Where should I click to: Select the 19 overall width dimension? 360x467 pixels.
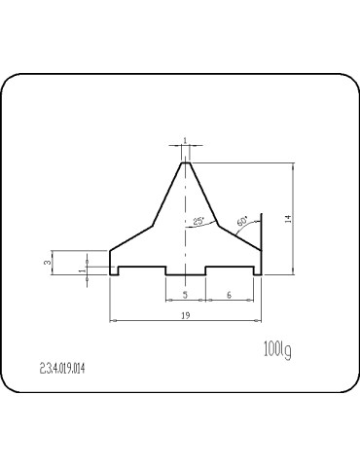click(x=185, y=315)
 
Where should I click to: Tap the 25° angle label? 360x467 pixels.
click(x=198, y=222)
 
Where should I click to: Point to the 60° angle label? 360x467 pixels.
click(x=241, y=219)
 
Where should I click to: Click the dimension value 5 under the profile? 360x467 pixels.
click(x=185, y=294)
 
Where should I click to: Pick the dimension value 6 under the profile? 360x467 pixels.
click(x=229, y=294)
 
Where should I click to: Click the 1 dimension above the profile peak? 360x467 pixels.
click(x=185, y=141)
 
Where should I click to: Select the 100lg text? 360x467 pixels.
click(x=277, y=348)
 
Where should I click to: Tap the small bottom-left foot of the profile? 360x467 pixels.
click(x=114, y=270)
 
